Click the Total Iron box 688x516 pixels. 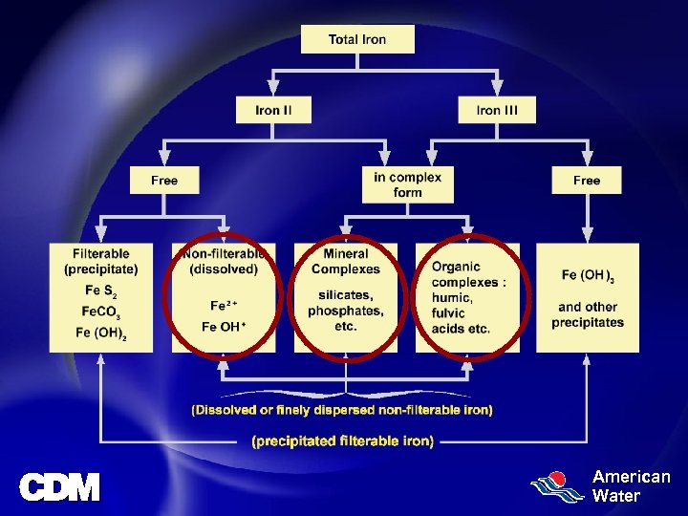[x=357, y=39]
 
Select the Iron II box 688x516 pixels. [x=273, y=110]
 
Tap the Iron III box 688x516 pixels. [x=497, y=110]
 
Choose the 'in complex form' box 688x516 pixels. [x=407, y=184]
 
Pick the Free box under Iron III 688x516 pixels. [x=586, y=180]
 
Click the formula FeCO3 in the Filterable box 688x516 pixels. [x=101, y=312]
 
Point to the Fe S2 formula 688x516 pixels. [x=100, y=290]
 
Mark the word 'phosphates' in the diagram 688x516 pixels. [x=346, y=311]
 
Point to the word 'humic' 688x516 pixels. [x=448, y=297]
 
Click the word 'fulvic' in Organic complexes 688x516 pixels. [x=448, y=312]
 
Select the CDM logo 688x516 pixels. [x=59, y=487]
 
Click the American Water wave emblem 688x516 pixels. [x=558, y=487]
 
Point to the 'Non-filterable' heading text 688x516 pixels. [x=224, y=253]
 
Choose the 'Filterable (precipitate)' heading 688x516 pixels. [x=101, y=261]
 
